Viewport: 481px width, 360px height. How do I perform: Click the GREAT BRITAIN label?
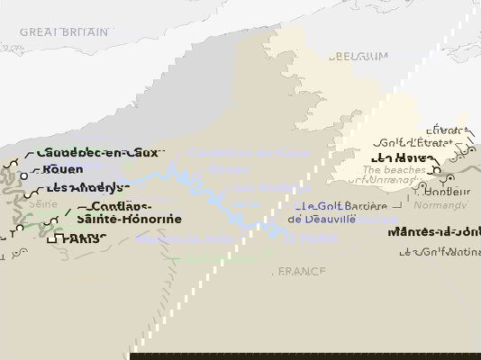click(64, 32)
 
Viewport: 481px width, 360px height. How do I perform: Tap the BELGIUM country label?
click(358, 56)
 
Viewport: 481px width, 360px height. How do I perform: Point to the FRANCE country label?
click(300, 271)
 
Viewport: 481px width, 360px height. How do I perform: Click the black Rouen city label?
click(62, 169)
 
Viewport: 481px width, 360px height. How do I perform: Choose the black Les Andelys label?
click(84, 188)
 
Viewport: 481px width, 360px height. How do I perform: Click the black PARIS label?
click(81, 239)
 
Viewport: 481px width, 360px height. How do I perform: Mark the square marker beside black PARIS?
click(52, 239)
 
